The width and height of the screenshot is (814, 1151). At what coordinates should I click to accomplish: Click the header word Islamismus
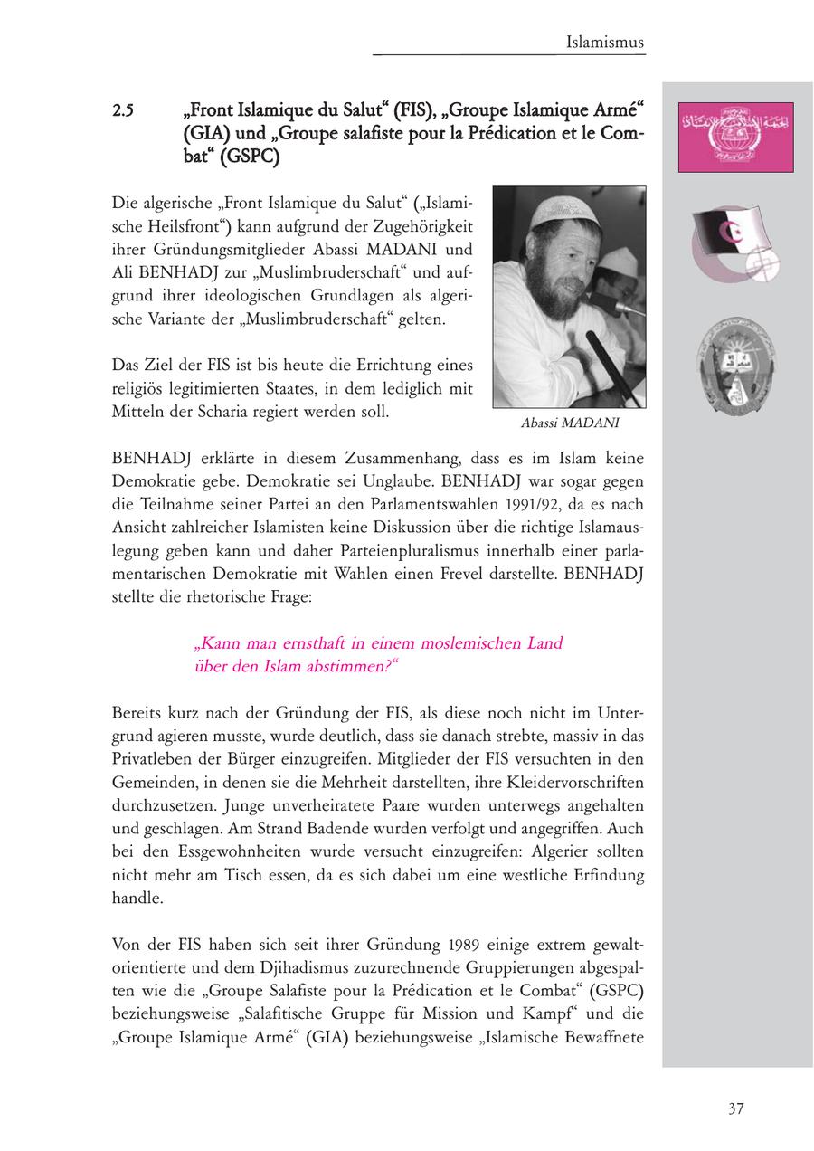(605, 43)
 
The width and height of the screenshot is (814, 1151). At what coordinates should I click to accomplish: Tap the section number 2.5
(124, 112)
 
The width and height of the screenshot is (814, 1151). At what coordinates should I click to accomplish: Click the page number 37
(735, 1108)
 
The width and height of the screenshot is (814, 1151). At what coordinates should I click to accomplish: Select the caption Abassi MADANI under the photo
(570, 423)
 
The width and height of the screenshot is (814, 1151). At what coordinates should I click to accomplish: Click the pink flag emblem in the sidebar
(735, 138)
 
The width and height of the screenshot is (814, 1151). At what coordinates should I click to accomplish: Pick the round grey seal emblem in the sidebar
(737, 365)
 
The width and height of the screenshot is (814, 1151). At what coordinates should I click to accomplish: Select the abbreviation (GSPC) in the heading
(253, 156)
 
